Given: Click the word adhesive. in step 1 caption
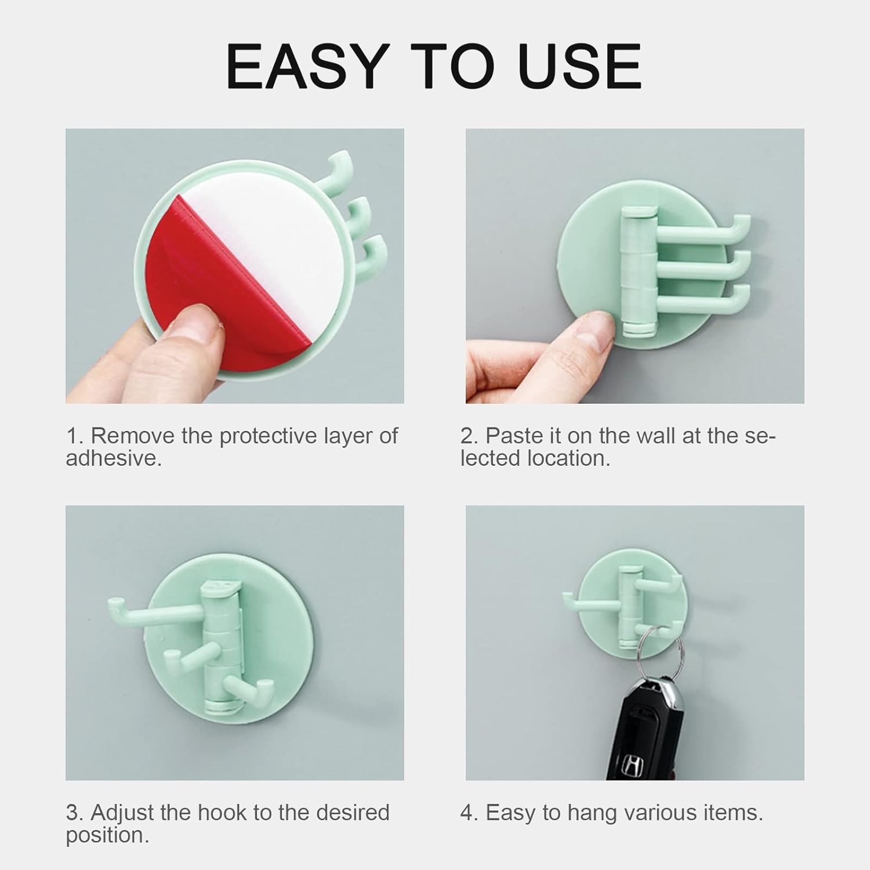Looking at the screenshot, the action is pos(114,459).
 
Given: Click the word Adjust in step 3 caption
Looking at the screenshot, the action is pos(124,813).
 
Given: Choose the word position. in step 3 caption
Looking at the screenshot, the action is pos(107,836).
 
